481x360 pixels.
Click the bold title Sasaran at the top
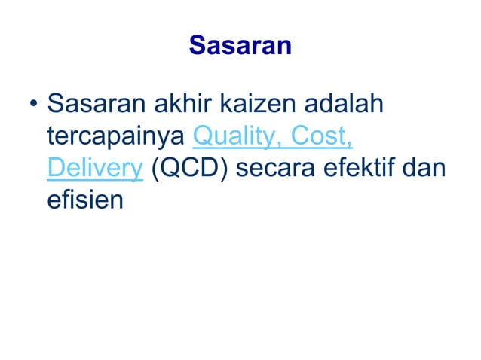[x=240, y=46]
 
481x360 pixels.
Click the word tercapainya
[x=117, y=137]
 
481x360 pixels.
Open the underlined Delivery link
[x=94, y=169]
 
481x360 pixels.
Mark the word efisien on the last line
[x=84, y=202]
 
